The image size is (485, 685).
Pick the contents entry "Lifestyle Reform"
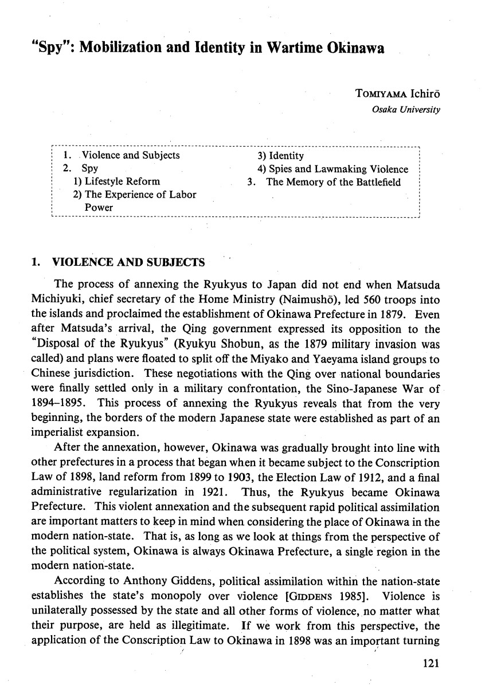coord(116,182)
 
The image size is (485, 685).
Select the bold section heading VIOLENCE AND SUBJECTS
coord(128,263)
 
